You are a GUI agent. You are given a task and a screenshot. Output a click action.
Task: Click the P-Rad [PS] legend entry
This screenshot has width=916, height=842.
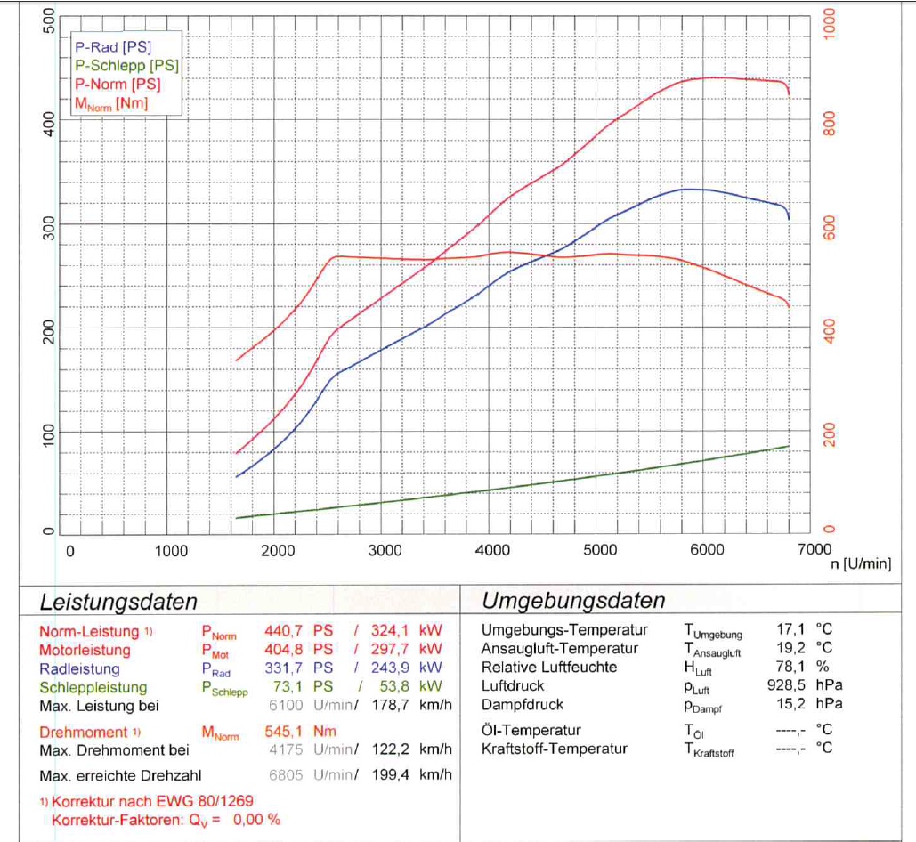tap(113, 46)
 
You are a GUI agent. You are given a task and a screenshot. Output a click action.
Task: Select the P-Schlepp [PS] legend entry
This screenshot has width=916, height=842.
tap(126, 65)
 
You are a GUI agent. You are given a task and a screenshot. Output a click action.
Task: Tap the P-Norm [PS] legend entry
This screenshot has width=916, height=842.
tap(118, 85)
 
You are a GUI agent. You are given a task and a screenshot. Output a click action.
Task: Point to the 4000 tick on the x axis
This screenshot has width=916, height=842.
tap(492, 551)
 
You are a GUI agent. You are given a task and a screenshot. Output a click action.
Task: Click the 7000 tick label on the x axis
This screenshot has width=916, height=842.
tap(814, 551)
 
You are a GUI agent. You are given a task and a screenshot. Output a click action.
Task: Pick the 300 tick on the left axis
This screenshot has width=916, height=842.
tap(50, 229)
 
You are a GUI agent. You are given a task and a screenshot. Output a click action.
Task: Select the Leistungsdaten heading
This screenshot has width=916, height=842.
tap(118, 602)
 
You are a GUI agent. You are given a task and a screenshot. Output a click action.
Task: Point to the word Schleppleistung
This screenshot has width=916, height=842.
tap(93, 687)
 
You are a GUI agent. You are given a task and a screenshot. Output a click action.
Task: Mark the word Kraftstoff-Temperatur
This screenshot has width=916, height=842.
tap(555, 749)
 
